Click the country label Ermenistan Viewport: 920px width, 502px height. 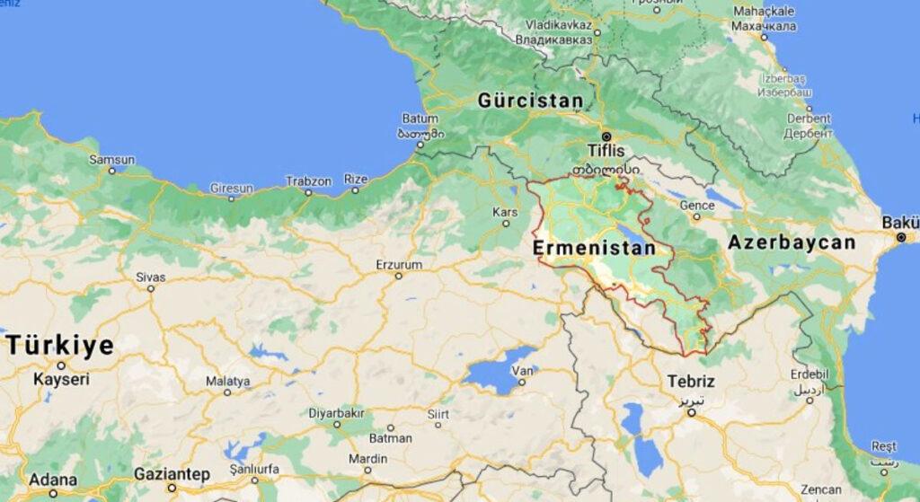(593, 247)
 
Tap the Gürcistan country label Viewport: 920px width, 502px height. (530, 100)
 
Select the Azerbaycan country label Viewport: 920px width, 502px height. (792, 242)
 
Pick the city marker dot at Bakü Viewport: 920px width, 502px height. (900, 237)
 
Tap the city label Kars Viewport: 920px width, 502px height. (506, 212)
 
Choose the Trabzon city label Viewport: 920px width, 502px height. (308, 181)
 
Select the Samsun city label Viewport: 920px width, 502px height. (111, 160)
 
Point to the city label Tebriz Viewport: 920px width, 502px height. (691, 382)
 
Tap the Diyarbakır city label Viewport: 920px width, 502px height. (337, 413)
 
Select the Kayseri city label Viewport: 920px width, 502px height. (61, 380)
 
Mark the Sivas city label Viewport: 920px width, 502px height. (150, 277)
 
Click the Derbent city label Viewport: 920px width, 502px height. (809, 118)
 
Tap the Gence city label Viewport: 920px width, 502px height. (696, 205)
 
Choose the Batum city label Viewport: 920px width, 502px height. (420, 118)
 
